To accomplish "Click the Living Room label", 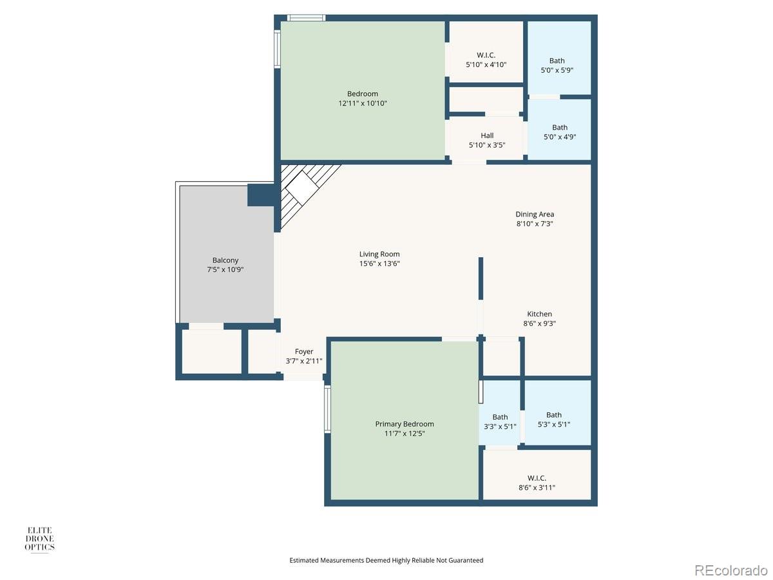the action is click(379, 254).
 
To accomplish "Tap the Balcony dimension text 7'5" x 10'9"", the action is click(225, 270).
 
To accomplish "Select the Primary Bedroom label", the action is click(405, 424).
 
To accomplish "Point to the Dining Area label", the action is click(535, 214).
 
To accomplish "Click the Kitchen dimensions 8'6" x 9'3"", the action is click(539, 324).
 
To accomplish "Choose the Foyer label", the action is click(304, 351).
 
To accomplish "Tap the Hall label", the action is click(487, 135).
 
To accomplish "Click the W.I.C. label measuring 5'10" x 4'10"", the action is click(486, 55).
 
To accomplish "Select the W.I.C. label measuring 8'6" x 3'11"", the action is click(537, 478).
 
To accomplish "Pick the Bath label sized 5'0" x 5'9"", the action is click(557, 61).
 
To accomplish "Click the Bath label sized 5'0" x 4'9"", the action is click(560, 128).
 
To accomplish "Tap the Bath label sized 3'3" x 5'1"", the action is click(500, 417).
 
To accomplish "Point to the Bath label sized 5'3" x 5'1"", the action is click(553, 415).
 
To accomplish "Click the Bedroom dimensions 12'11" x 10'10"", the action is click(363, 103).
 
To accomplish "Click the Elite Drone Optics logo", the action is click(39, 539).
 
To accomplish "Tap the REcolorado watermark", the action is click(730, 570).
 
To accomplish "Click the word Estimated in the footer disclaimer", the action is click(304, 560).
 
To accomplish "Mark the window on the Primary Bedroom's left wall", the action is click(327, 409).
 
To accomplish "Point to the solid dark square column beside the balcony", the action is click(261, 195).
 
